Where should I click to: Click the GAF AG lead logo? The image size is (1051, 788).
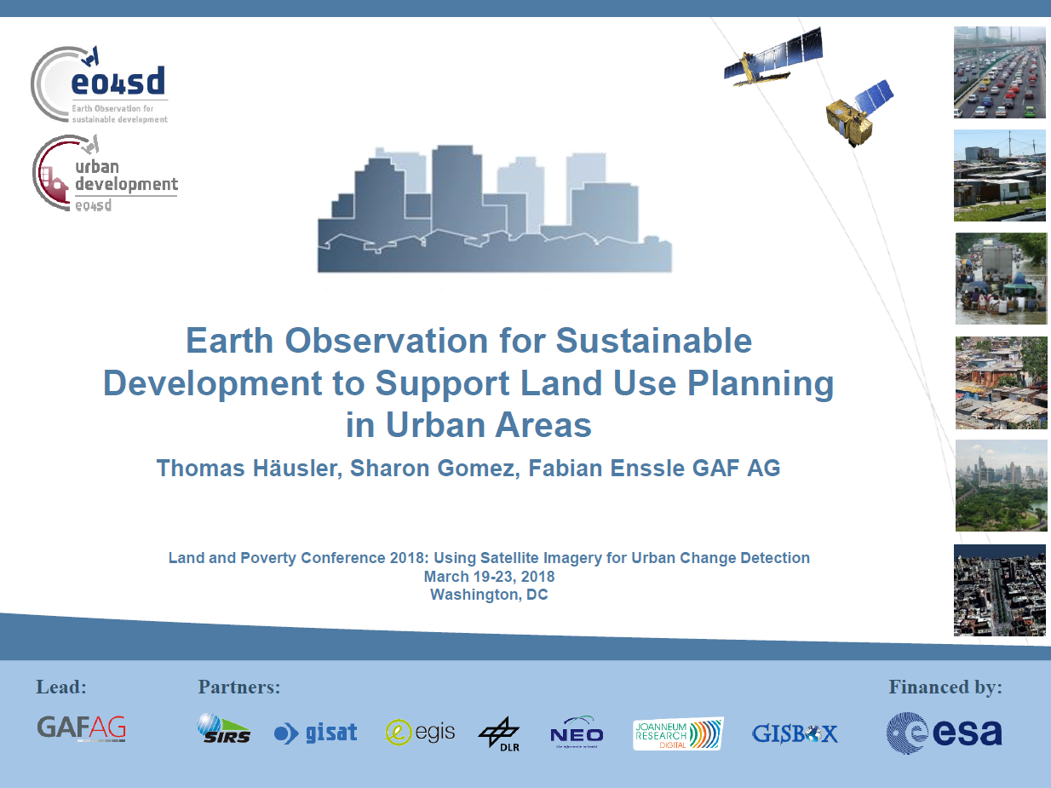tap(82, 728)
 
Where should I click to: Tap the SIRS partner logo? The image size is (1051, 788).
tap(224, 728)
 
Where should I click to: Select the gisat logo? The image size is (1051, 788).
tap(315, 733)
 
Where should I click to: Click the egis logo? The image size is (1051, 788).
tap(420, 732)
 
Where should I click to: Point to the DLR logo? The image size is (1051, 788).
tap(499, 733)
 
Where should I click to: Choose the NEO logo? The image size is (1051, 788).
tap(577, 733)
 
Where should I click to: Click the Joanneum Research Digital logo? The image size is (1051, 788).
tap(678, 733)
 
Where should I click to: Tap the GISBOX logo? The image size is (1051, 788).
tap(795, 733)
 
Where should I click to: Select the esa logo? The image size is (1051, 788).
tap(944, 733)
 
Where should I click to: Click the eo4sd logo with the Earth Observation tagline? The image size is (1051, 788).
tap(100, 84)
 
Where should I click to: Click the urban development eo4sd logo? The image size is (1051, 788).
tap(105, 173)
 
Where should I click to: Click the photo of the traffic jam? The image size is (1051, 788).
tap(999, 72)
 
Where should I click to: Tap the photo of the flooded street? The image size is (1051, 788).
tap(1001, 279)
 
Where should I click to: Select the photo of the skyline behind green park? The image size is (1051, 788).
tap(1001, 486)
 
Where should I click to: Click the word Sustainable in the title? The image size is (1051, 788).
tap(653, 341)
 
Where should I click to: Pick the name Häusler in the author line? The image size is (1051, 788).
tap(297, 469)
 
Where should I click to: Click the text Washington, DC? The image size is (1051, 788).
tap(489, 595)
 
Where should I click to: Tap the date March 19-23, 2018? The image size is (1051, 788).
tap(489, 577)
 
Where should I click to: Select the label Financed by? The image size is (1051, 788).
tap(945, 687)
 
